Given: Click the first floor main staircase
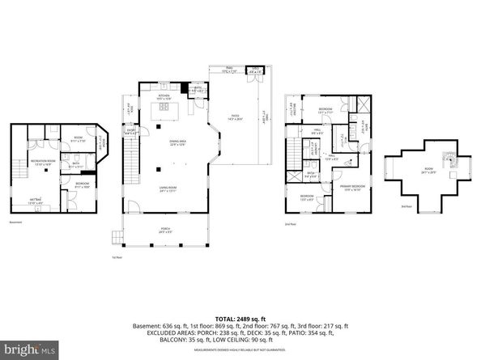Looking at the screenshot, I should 130,165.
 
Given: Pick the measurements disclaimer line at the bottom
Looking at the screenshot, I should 240,350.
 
